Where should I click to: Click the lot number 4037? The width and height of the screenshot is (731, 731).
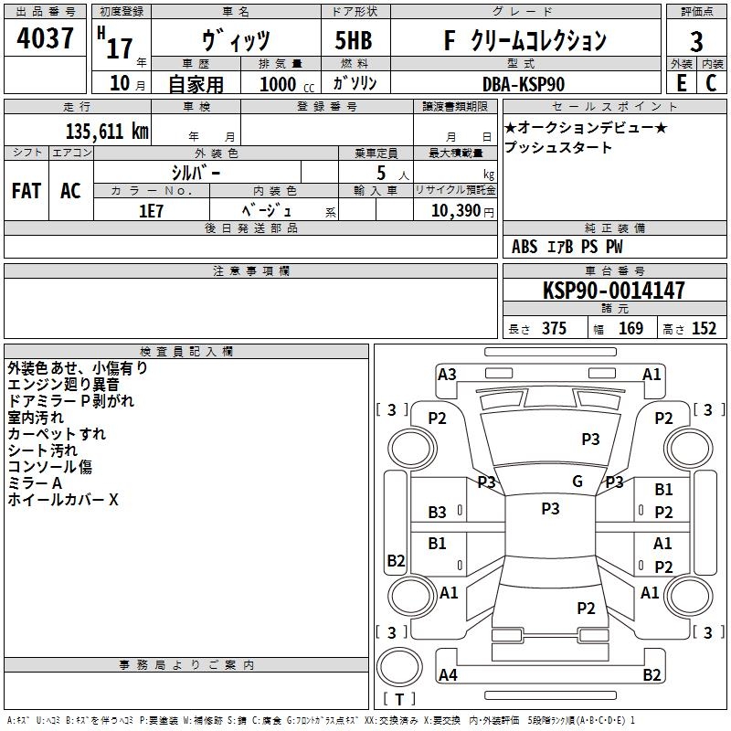[45, 37]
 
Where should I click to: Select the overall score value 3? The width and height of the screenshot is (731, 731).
[696, 42]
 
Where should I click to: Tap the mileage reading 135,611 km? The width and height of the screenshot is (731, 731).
[107, 131]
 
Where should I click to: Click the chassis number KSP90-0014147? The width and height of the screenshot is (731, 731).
[614, 290]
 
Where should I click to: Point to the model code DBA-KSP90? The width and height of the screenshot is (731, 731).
[524, 84]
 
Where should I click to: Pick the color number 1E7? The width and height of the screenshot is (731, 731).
[151, 211]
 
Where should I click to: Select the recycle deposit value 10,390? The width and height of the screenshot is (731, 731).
[455, 211]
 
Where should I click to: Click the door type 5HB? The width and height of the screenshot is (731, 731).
[354, 40]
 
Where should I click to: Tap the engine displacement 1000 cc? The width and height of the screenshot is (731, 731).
[287, 84]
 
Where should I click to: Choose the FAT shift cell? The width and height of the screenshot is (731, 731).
[26, 191]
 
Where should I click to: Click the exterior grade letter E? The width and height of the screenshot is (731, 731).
[682, 83]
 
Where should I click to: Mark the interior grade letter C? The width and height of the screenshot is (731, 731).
[711, 83]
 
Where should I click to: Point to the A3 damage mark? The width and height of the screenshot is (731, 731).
[447, 375]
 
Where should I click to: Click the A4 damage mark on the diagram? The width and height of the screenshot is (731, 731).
[448, 674]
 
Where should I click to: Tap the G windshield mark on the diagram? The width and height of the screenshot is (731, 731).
[577, 481]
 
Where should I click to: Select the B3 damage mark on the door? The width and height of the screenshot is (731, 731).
[437, 513]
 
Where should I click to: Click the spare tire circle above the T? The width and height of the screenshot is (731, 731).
[399, 667]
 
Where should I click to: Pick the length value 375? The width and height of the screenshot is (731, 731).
[554, 328]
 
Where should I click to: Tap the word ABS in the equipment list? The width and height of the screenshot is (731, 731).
[524, 247]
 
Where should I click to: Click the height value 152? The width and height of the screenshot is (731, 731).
[704, 328]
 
